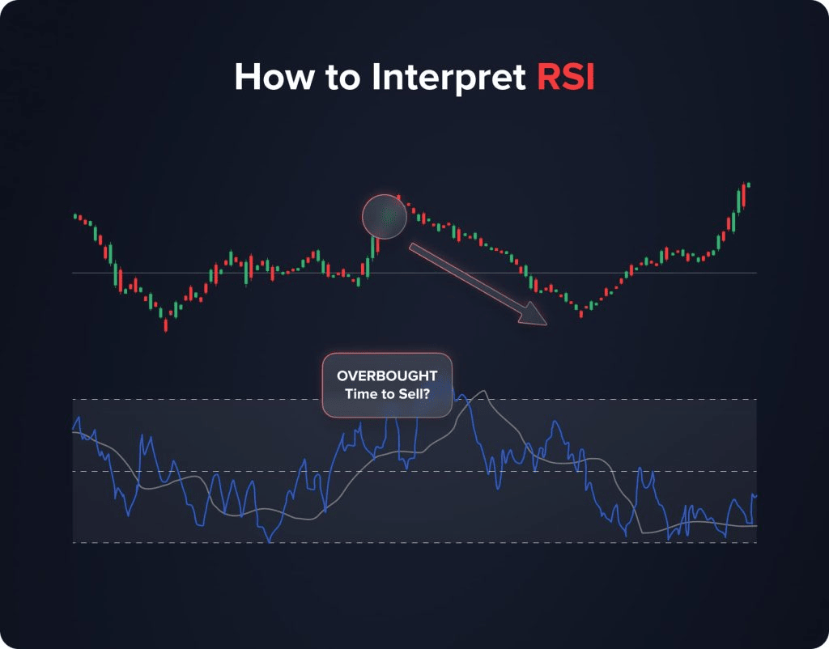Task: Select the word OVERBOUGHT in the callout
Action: point(387,376)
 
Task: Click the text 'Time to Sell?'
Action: point(387,393)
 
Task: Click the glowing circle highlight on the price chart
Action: point(384,216)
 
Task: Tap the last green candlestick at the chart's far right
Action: point(748,185)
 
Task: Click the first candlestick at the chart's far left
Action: point(75,216)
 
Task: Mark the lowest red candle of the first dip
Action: point(166,324)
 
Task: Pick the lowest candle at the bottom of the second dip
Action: point(581,313)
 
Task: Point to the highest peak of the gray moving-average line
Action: point(483,392)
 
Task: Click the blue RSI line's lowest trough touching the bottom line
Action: point(270,540)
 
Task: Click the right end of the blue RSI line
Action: point(755,494)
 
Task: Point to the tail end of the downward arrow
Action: point(411,246)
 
